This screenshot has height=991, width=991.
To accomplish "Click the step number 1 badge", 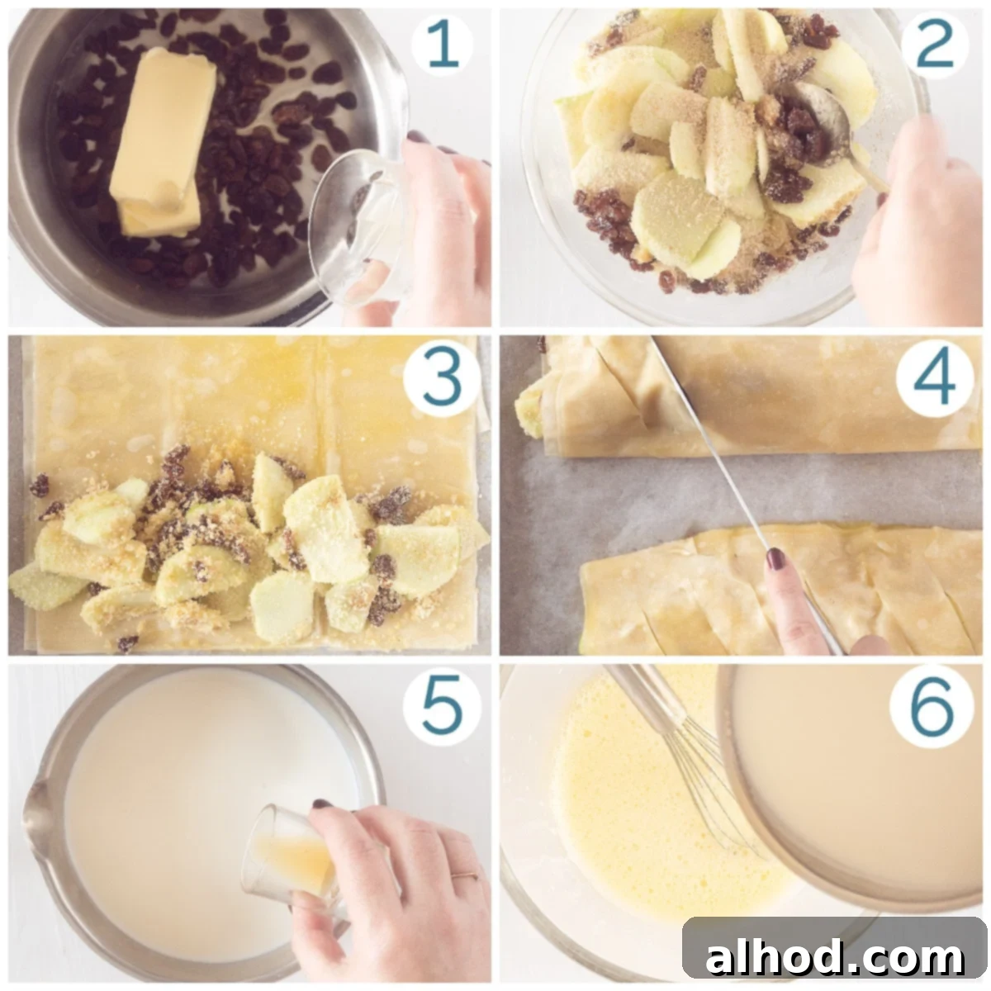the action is (x=441, y=45).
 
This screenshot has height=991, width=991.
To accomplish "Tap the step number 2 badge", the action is (x=934, y=45).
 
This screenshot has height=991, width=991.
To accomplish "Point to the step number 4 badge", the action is (x=934, y=380).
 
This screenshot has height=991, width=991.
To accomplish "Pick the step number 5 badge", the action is (x=441, y=705).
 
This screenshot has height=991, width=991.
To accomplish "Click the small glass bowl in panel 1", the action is (x=360, y=226).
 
